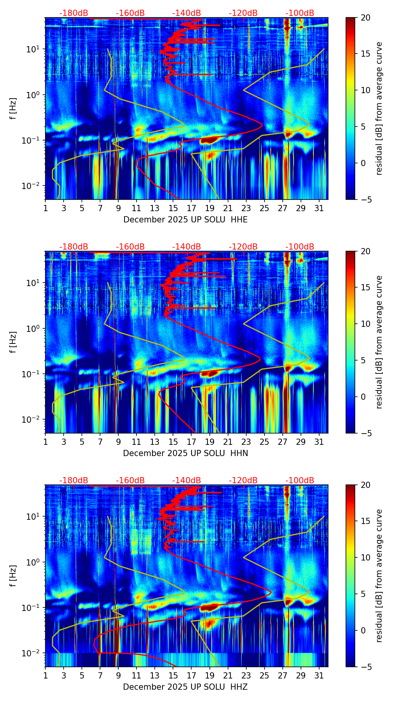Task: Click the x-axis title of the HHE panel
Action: pyautogui.click(x=185, y=220)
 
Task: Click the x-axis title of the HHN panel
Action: pyautogui.click(x=185, y=453)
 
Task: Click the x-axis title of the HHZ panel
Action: pyautogui.click(x=185, y=687)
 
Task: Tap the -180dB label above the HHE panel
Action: pyautogui.click(x=74, y=13)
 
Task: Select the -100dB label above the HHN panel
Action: pyautogui.click(x=300, y=247)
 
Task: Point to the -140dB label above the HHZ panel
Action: pyautogui.click(x=187, y=481)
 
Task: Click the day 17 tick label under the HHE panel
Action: pyautogui.click(x=192, y=208)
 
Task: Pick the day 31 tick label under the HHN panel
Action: pyautogui.click(x=319, y=442)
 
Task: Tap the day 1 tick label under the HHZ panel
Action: pyautogui.click(x=45, y=675)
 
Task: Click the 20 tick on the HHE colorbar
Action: pyautogui.click(x=366, y=17)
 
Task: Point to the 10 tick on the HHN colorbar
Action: pyautogui.click(x=366, y=324)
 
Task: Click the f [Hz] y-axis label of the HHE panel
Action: pyautogui.click(x=13, y=108)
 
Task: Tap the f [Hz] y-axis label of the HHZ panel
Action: pyautogui.click(x=13, y=576)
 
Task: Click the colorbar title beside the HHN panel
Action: pyautogui.click(x=379, y=342)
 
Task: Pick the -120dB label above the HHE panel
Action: pyautogui.click(x=243, y=13)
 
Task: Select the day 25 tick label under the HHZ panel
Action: pyautogui.click(x=265, y=675)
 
